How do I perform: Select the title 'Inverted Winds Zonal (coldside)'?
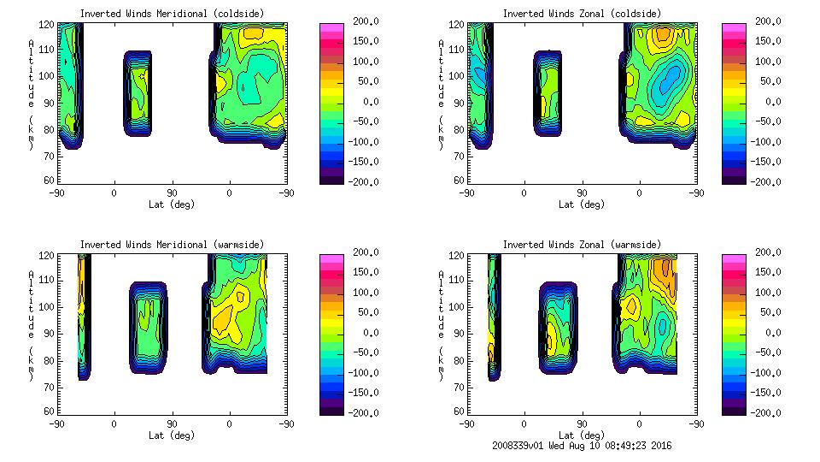pyautogui.click(x=582, y=14)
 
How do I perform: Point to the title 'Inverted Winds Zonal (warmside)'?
pyautogui.click(x=582, y=245)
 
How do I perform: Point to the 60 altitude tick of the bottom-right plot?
pyautogui.click(x=458, y=412)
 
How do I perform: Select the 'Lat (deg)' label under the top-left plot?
pyautogui.click(x=172, y=204)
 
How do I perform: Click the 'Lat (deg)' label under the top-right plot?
pyautogui.click(x=581, y=204)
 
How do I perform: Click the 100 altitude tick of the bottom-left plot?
pyautogui.click(x=49, y=306)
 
